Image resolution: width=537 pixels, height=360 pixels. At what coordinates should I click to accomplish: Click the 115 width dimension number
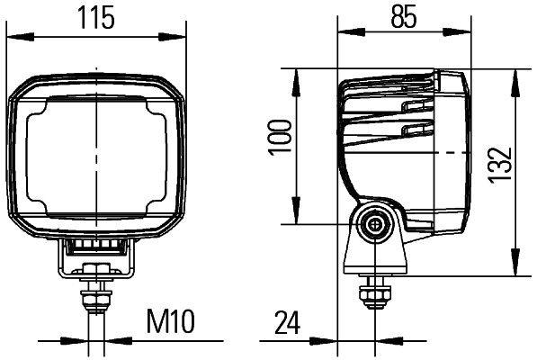[x=95, y=18]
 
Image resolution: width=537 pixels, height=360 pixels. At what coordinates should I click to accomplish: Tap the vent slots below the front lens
[x=94, y=242]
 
